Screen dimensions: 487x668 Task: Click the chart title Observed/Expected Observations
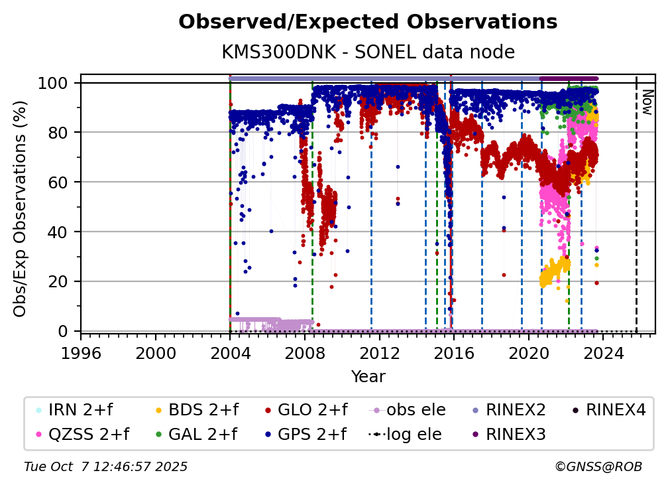point(368,22)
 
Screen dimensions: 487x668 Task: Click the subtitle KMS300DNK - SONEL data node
point(368,52)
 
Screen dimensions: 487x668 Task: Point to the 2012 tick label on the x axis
point(380,354)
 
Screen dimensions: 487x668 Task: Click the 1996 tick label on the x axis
point(81,354)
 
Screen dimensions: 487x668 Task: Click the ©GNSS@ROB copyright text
point(598,466)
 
